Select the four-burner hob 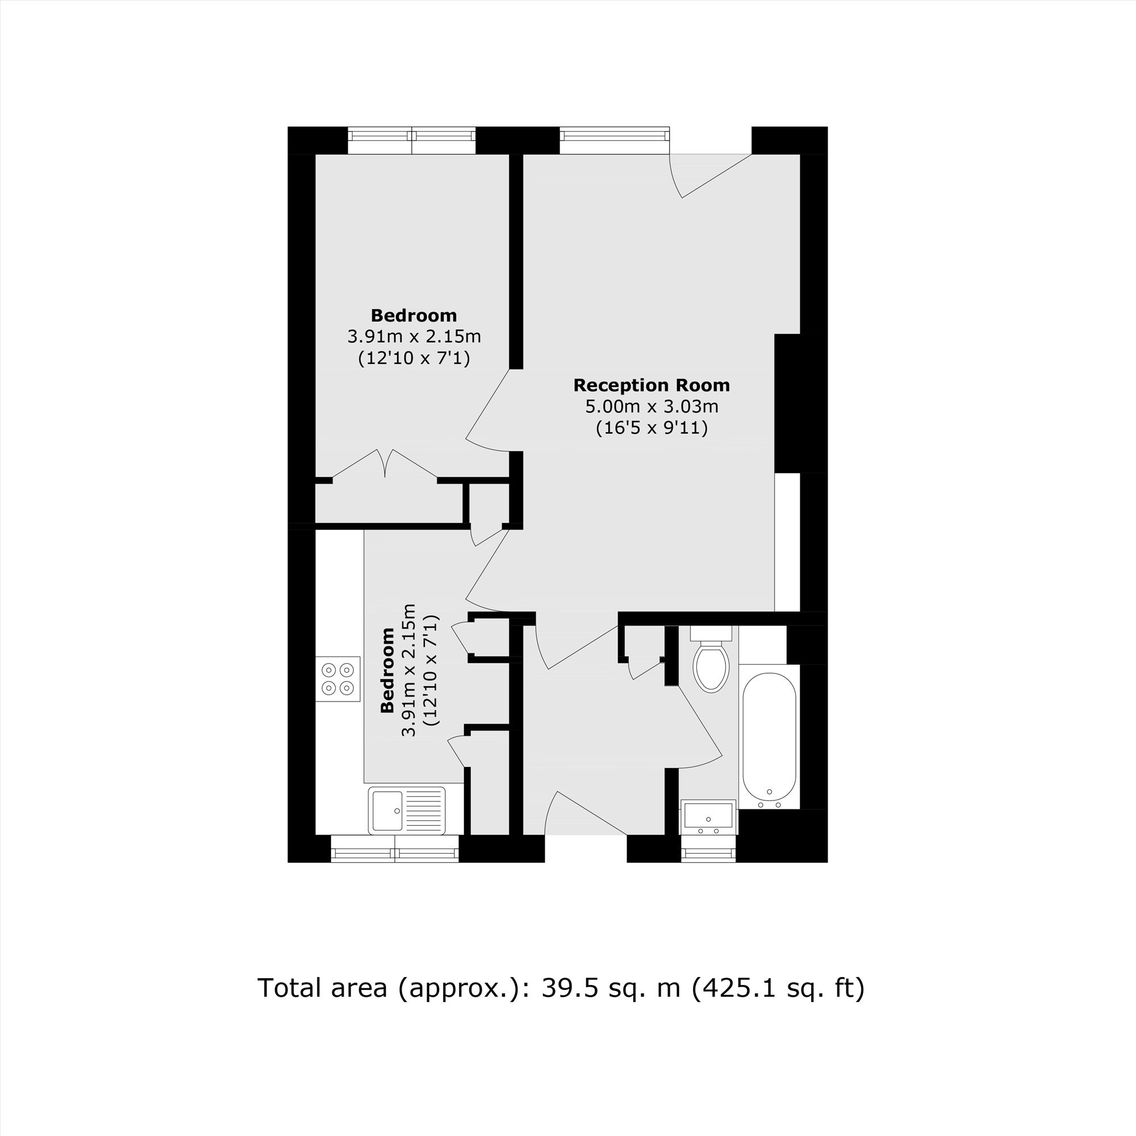point(338,679)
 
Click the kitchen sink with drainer point(407,811)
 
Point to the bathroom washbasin point(708,817)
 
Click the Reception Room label point(651,385)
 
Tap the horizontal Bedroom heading point(414,315)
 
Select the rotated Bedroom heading point(387,670)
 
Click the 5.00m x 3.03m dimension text point(651,406)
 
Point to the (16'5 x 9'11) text point(651,428)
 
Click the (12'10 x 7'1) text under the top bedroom point(414,357)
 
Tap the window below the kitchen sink point(395,849)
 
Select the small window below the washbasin point(708,849)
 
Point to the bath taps point(769,800)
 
